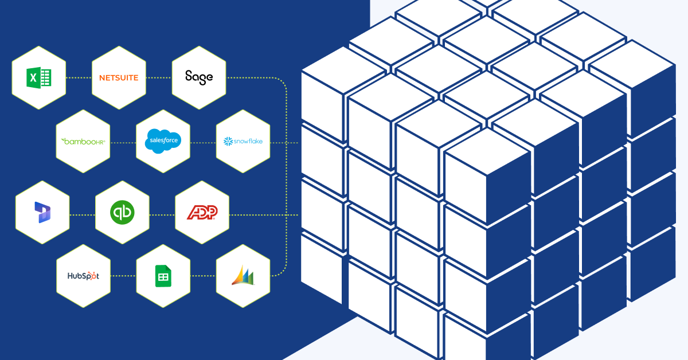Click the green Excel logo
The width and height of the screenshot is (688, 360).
point(39,77)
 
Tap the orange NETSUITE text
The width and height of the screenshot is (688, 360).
point(119,77)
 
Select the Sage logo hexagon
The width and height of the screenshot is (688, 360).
point(199,77)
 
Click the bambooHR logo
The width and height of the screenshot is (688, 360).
point(83,140)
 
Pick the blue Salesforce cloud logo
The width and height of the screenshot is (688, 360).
point(163,140)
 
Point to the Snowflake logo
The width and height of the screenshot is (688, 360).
point(243,140)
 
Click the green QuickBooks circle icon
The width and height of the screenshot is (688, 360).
point(122,213)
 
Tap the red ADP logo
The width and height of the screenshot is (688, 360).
point(202,213)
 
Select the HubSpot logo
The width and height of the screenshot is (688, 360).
point(83,276)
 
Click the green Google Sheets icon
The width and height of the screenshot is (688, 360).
point(163,276)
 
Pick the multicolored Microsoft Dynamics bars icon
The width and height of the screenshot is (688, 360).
point(243,276)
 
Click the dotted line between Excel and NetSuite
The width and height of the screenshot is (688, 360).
point(79,77)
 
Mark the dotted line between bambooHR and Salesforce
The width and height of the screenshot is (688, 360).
point(123,140)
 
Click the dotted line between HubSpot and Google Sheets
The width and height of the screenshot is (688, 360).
point(123,276)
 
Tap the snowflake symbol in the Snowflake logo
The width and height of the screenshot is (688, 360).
point(228,141)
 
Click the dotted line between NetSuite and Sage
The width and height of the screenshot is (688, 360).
point(159,77)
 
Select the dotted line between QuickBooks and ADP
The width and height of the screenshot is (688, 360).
point(162,215)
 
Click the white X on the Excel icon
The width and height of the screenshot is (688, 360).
point(34,77)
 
